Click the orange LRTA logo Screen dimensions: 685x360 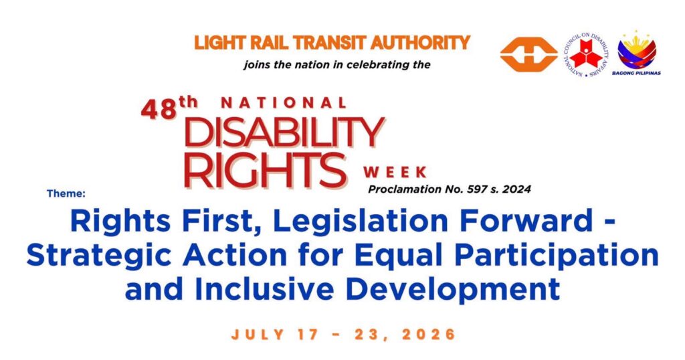point(528,55)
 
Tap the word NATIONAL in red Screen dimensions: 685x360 point(284,103)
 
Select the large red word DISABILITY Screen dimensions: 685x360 point(284,132)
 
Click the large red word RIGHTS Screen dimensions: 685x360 point(265,170)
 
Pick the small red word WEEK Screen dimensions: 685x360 point(395,172)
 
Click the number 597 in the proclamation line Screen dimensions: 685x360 point(479,189)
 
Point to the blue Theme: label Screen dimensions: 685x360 point(66,193)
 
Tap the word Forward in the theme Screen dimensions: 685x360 point(519,221)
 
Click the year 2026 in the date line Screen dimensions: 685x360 point(429,335)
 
